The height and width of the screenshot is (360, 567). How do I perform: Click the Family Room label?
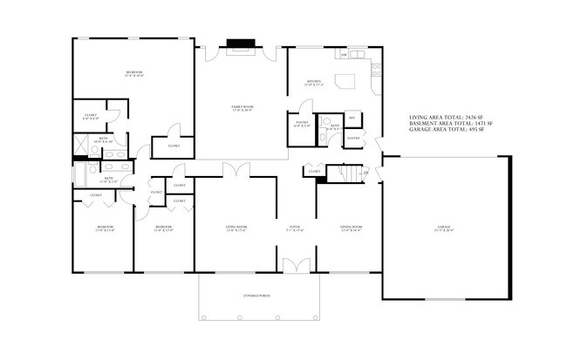click(x=242, y=106)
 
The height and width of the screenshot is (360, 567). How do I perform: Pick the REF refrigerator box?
click(x=352, y=118)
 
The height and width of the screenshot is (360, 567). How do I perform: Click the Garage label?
click(x=445, y=229)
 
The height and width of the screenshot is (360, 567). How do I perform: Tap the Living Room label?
click(x=236, y=228)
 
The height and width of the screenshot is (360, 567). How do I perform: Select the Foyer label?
click(x=295, y=228)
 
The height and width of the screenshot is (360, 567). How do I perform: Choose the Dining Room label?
click(x=351, y=228)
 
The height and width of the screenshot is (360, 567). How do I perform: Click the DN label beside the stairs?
click(x=365, y=173)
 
